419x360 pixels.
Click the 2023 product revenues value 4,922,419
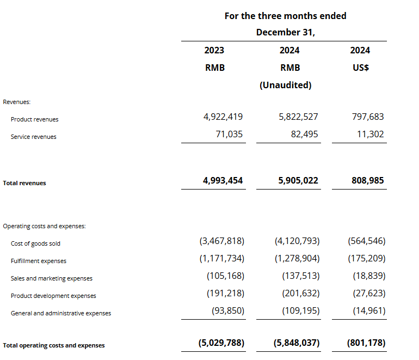click(x=223, y=117)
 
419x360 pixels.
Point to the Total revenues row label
click(x=24, y=183)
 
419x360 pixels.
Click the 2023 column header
click(x=214, y=50)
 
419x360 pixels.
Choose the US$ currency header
click(x=360, y=68)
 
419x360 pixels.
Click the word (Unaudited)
click(x=285, y=85)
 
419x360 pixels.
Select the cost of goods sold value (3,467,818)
click(x=221, y=241)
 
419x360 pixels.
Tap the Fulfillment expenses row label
click(x=39, y=261)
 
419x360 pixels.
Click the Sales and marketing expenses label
click(x=52, y=278)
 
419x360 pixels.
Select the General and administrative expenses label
click(x=61, y=313)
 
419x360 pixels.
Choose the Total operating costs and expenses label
click(x=54, y=345)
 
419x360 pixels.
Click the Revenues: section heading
click(x=17, y=101)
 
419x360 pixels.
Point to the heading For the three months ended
click(x=285, y=16)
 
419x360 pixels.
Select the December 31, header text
click(x=285, y=32)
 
